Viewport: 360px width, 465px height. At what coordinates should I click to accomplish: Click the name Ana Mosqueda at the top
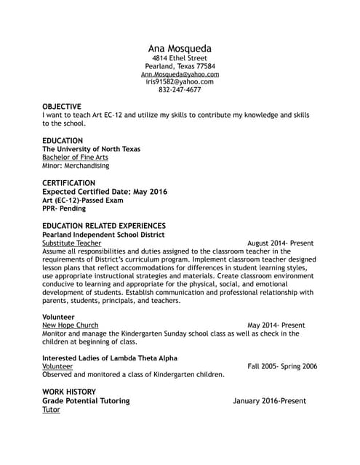coord(180,49)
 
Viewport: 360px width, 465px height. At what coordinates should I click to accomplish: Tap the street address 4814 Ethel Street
coord(180,58)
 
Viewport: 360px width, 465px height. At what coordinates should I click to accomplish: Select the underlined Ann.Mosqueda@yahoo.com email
coord(180,74)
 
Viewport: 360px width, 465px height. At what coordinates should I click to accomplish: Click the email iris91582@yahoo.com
coord(180,82)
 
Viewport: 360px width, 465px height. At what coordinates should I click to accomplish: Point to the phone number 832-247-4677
coord(180,90)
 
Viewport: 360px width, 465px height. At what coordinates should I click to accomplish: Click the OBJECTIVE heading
coord(62,106)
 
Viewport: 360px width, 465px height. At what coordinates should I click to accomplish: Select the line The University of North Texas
coord(91,149)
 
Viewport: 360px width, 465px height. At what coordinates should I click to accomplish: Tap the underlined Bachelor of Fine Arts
coord(75,157)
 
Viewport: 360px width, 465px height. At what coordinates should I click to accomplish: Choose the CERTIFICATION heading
coord(68,183)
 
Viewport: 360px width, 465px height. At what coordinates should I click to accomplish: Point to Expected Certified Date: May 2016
coord(105,192)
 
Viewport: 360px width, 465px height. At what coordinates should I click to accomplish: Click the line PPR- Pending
coord(64,209)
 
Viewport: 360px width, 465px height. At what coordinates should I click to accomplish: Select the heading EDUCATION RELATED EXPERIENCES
coord(104,226)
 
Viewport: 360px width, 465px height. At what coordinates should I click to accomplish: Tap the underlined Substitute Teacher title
coord(71,243)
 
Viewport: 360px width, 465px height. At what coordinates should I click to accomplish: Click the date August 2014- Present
coord(280,243)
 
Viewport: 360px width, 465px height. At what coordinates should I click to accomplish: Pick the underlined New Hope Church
coord(70,325)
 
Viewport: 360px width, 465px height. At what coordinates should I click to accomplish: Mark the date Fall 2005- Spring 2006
coord(282,366)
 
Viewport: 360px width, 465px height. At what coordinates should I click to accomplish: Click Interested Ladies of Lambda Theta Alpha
coord(110,358)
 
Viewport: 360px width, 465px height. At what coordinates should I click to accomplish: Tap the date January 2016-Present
coord(269,401)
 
